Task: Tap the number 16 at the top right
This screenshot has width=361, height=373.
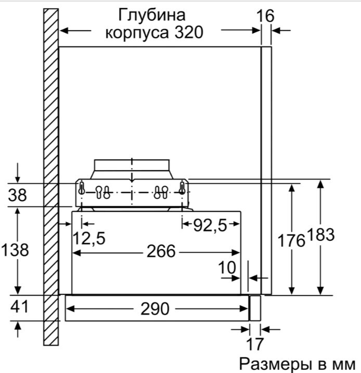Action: pyautogui.click(x=265, y=16)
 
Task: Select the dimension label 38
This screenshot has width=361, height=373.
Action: pyautogui.click(x=19, y=196)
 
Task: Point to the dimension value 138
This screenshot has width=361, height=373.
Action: pyautogui.click(x=15, y=250)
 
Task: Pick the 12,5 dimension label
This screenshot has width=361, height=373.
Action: pyautogui.click(x=88, y=238)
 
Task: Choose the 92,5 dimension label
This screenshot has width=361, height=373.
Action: pyautogui.click(x=210, y=225)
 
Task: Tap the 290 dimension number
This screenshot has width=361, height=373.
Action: pyautogui.click(x=154, y=308)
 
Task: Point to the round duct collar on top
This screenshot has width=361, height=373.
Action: pyautogui.click(x=133, y=169)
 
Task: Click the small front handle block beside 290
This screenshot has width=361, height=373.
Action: pyautogui.click(x=255, y=307)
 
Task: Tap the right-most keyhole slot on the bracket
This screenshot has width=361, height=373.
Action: pyautogui.click(x=183, y=188)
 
